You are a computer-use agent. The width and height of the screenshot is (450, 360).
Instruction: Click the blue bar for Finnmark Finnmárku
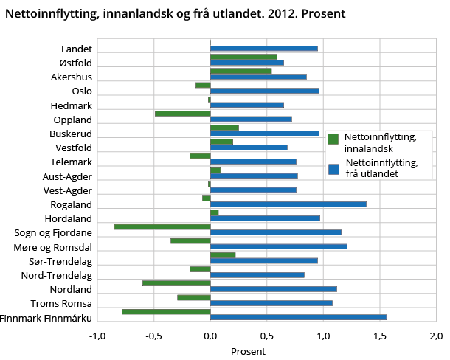298,317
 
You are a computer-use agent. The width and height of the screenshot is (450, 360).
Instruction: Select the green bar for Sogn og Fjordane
162,226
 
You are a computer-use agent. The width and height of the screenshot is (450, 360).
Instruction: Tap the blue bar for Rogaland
288,204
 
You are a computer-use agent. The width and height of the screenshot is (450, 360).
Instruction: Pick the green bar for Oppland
182,113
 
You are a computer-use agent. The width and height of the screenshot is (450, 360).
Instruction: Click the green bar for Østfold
243,57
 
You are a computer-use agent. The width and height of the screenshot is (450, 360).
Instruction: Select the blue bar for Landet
263,49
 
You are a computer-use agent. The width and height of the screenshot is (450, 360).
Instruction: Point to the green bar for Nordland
176,283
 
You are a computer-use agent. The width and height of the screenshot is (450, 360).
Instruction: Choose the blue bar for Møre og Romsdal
278,246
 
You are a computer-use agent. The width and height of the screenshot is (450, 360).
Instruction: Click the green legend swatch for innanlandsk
333,139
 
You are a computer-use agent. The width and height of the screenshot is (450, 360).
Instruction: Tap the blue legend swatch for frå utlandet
333,169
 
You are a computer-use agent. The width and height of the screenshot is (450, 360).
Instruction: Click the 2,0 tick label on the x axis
435,336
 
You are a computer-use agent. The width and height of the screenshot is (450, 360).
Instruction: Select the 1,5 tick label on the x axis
379,336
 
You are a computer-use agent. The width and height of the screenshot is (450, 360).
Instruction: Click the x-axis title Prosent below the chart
248,351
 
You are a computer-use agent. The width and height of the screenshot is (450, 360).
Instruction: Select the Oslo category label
82,91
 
